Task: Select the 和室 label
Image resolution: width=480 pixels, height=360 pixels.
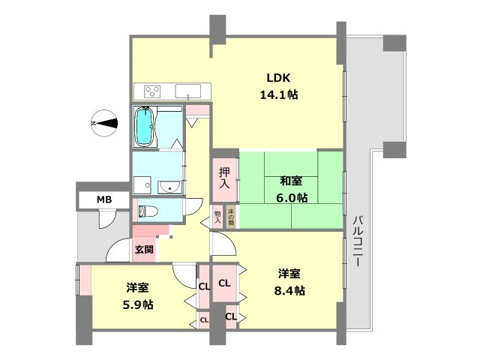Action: click(x=292, y=181)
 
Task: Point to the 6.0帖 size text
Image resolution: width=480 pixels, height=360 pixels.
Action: click(x=292, y=198)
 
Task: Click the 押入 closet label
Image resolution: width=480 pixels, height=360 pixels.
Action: click(x=224, y=177)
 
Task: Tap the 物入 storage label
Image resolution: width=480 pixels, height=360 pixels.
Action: click(x=217, y=217)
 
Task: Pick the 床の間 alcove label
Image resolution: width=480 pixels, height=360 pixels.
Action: click(x=232, y=217)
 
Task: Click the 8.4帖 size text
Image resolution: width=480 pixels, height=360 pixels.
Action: click(x=289, y=290)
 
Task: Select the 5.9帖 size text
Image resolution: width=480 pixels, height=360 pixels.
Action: click(x=139, y=304)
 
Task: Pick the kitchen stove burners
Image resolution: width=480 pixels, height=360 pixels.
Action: click(x=152, y=91)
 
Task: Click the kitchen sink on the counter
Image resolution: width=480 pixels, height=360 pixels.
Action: click(x=187, y=91)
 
